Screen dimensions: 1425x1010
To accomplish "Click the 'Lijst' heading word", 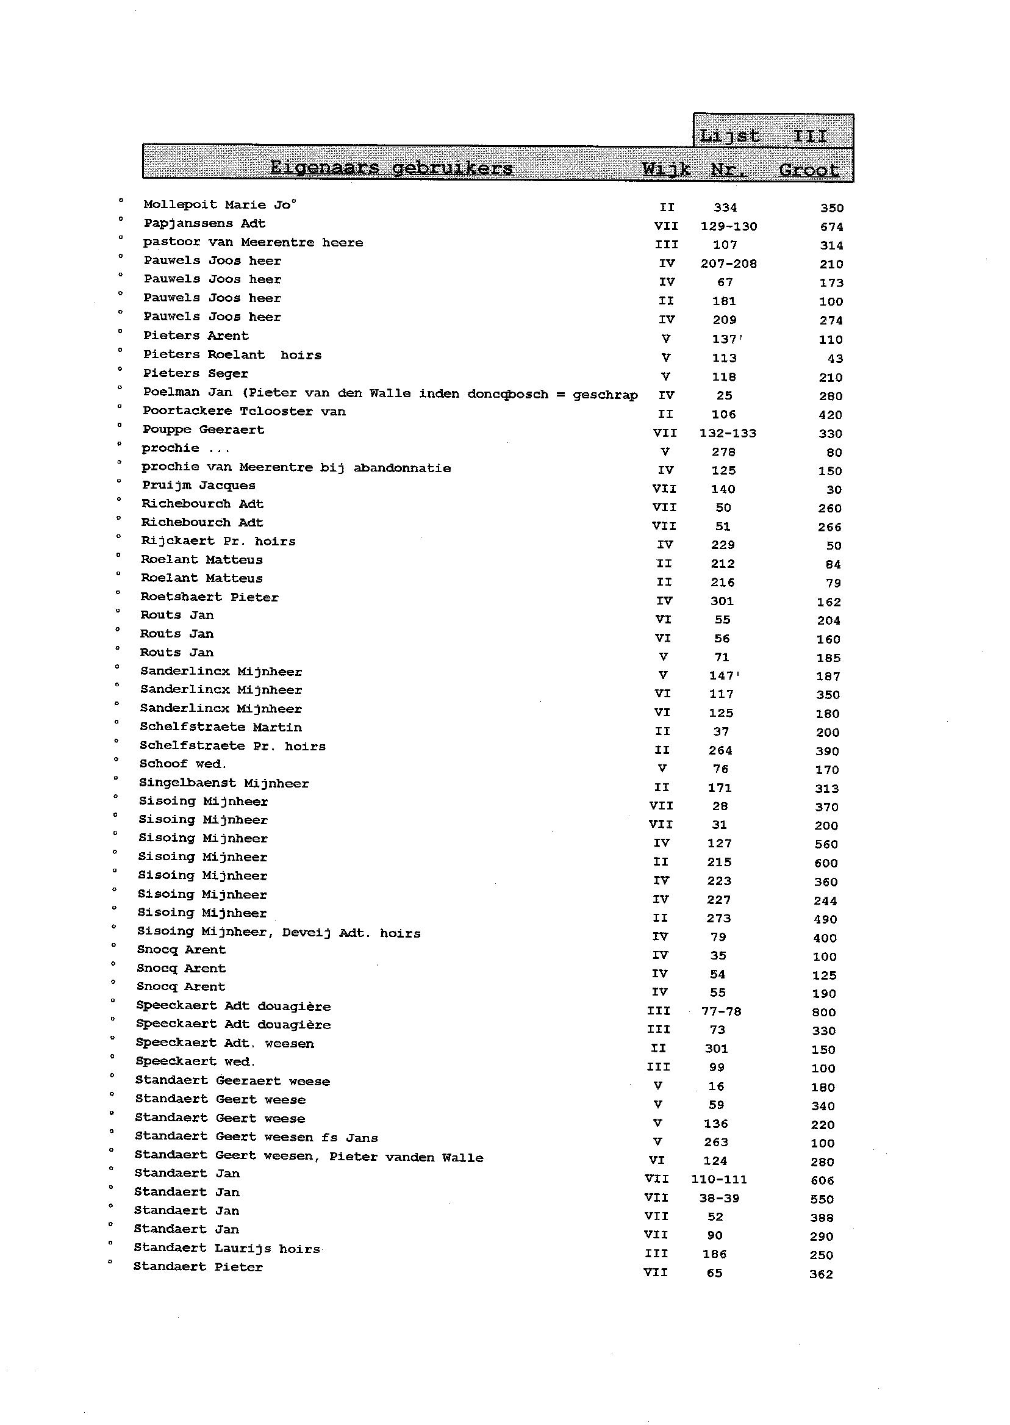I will click(x=729, y=136).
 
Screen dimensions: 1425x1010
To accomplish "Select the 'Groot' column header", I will click(x=809, y=170).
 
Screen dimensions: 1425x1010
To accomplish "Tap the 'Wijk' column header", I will click(x=666, y=169).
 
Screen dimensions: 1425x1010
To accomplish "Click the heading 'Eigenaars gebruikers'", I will click(x=391, y=168).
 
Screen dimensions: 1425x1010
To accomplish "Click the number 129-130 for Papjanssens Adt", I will click(x=728, y=226).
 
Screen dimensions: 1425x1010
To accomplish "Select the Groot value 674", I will click(x=831, y=227).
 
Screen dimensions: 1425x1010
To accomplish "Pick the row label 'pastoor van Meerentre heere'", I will click(x=253, y=243).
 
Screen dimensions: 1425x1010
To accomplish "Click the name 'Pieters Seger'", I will click(x=195, y=374).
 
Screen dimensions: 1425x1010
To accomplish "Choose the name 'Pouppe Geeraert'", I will click(x=202, y=430).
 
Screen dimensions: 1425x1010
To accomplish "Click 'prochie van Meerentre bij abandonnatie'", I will click(x=295, y=468).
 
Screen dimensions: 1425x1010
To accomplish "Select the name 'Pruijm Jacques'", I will click(x=198, y=485).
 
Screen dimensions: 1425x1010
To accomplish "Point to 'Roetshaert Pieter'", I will click(x=209, y=597).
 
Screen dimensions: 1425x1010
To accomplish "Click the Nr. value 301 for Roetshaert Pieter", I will click(x=722, y=601).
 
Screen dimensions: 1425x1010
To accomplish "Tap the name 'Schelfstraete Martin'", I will click(x=220, y=727).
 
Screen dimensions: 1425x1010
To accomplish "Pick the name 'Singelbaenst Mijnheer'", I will click(x=223, y=784).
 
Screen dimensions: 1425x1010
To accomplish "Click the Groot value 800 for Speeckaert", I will click(x=823, y=1013).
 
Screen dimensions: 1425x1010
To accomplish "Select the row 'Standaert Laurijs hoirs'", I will click(x=226, y=1248).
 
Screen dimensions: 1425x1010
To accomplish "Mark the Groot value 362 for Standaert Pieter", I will click(x=821, y=1274).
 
